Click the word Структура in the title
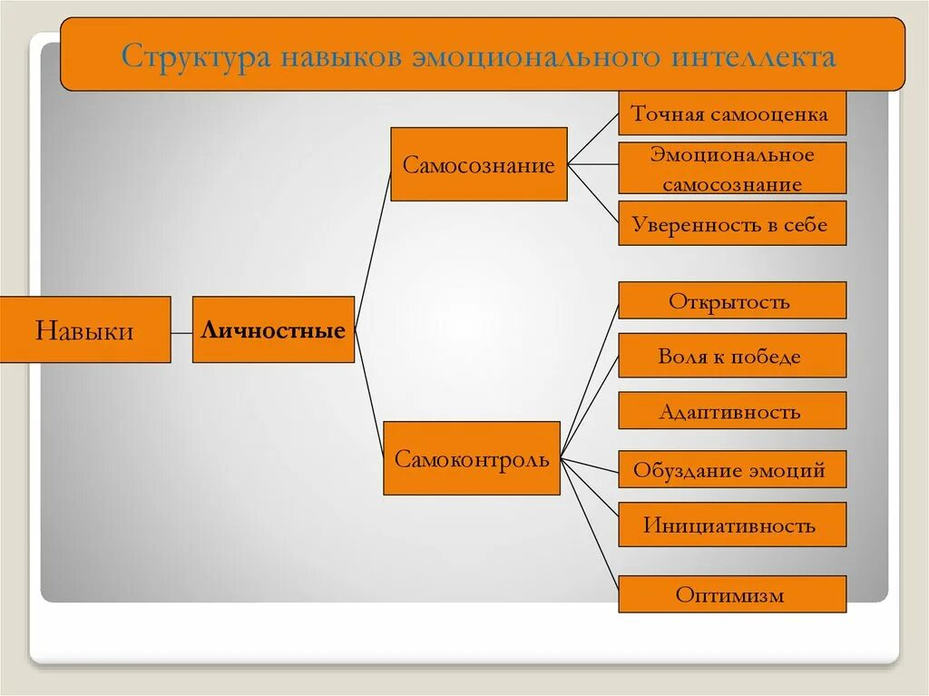coord(192,57)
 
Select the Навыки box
coord(84,330)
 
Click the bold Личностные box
coord(273,330)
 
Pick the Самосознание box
coord(478,165)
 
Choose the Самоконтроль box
coord(471,459)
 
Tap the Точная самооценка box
coord(731,115)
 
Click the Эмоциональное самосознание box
coord(731,169)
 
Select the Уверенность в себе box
coord(731,224)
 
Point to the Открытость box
coord(731,301)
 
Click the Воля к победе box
coord(731,356)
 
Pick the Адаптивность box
coord(731,411)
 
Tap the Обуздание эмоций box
coord(731,470)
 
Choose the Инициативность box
coord(731,524)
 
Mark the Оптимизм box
coord(731,595)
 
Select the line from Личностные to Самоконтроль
coord(370,390)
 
